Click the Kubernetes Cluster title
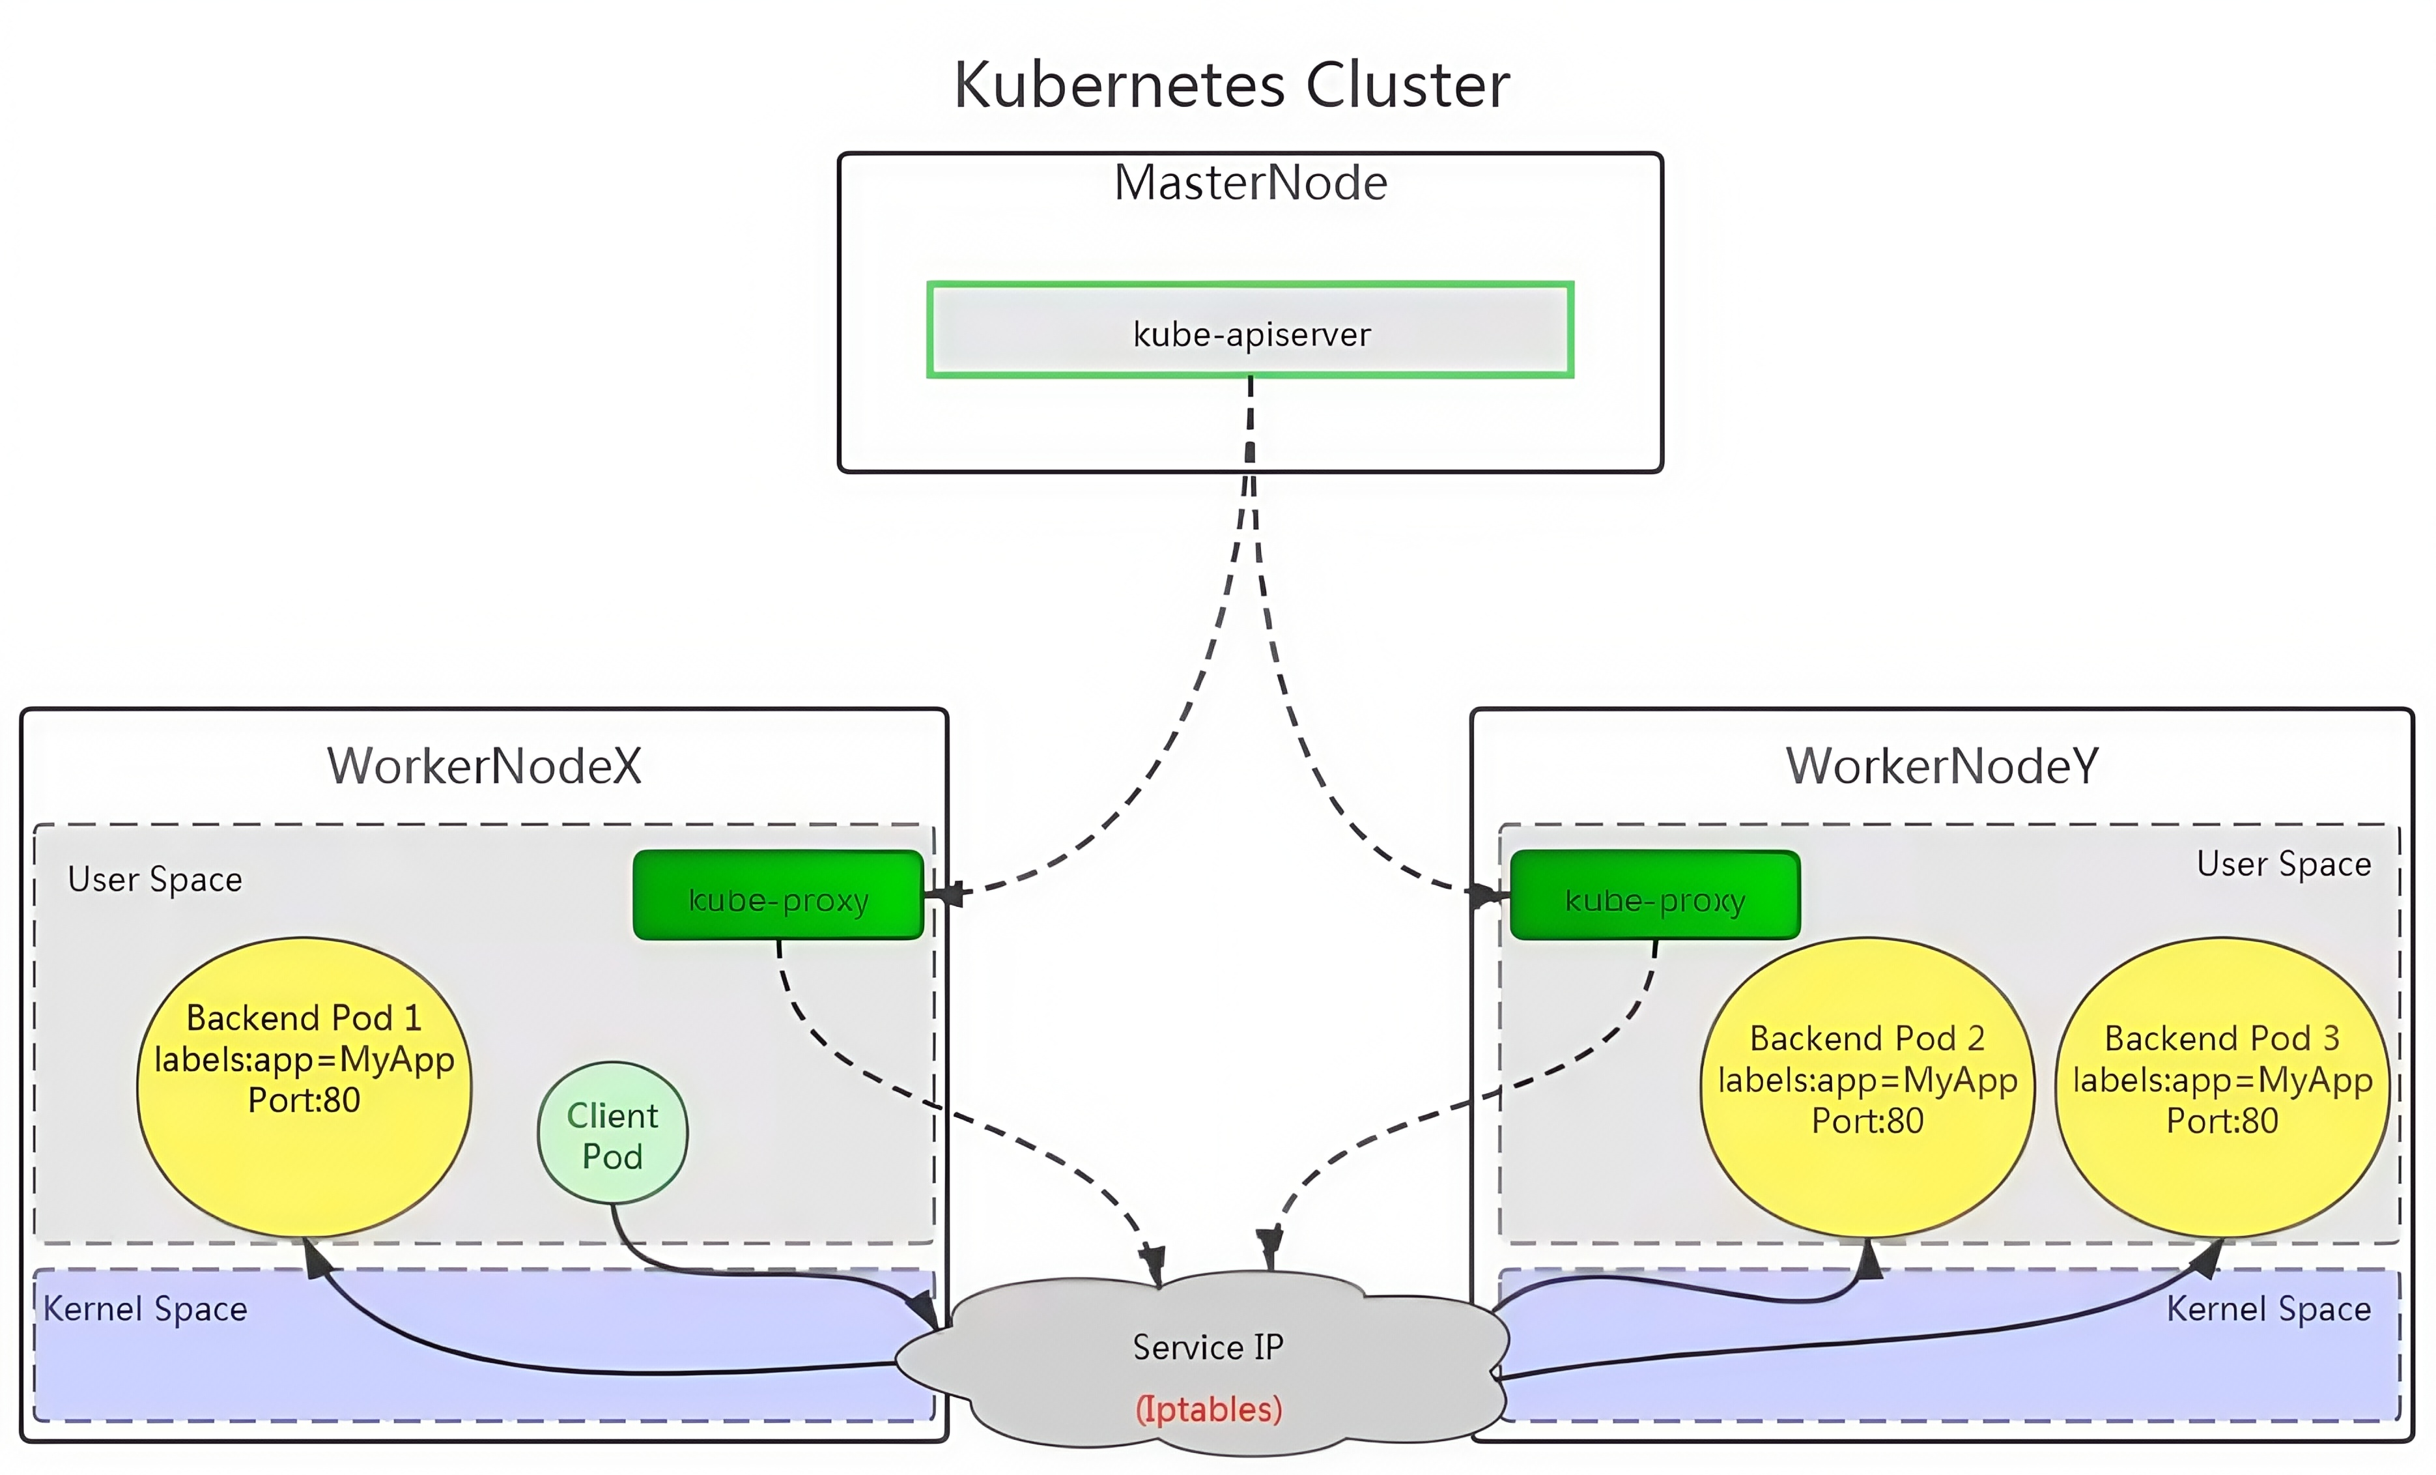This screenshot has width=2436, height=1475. tap(1231, 85)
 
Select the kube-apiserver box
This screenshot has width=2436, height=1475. tap(1251, 330)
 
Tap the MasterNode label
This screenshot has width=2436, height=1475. tap(1251, 183)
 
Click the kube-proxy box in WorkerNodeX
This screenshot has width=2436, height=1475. tap(778, 895)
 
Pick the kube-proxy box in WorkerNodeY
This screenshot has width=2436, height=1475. tap(1655, 895)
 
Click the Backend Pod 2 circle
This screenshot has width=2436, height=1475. tap(1867, 1087)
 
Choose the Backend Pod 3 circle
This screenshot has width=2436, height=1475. tap(2222, 1087)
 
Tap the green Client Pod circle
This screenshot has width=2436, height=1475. tap(613, 1133)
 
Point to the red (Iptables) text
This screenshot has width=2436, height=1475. tap(1208, 1409)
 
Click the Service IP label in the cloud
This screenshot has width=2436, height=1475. tap(1208, 1347)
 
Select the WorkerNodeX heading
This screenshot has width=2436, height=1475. tap(485, 766)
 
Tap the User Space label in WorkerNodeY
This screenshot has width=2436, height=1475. tap(2284, 864)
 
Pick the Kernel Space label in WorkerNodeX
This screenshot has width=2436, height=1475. tap(145, 1309)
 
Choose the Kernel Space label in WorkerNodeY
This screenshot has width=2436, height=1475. tap(2269, 1309)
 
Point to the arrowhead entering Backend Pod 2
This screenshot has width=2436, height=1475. tap(1869, 1259)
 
